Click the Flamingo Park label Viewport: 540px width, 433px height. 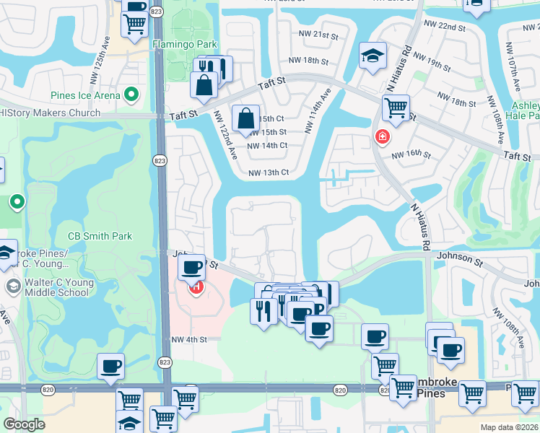click(184, 44)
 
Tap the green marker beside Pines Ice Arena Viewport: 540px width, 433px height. click(131, 95)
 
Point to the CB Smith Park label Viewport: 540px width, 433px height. click(100, 236)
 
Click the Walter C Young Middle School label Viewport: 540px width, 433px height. click(58, 287)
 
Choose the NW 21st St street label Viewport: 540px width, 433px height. click(318, 35)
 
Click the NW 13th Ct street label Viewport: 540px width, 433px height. click(269, 172)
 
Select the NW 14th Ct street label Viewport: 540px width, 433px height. click(267, 146)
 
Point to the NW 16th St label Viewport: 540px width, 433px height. click(411, 155)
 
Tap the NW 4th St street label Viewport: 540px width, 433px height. click(189, 339)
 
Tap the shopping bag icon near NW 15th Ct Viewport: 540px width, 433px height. click(245, 118)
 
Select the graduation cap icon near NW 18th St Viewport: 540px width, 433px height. click(373, 56)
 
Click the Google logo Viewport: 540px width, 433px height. click(24, 424)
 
